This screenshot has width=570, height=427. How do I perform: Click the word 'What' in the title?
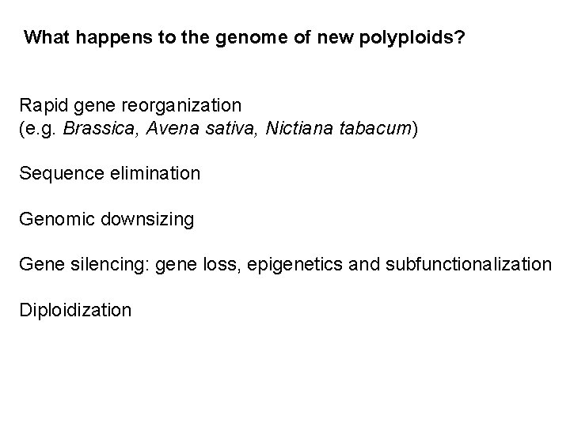click(x=44, y=37)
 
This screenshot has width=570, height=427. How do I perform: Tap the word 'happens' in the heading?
click(x=101, y=37)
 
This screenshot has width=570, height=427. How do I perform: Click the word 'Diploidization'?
click(x=75, y=309)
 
